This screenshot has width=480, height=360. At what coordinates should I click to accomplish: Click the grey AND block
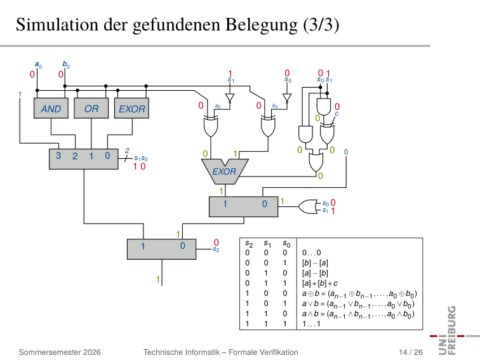pos(51,108)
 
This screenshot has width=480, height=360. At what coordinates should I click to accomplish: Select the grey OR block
pos(91,108)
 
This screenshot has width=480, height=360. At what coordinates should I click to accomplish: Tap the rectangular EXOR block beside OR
pos(131,108)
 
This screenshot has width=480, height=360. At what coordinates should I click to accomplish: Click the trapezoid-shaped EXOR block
pos(225,171)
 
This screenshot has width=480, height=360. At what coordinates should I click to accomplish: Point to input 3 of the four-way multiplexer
pos(58,156)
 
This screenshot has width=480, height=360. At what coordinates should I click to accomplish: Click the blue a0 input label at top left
pos(38,65)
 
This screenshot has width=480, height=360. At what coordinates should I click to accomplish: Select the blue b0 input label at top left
pos(66,64)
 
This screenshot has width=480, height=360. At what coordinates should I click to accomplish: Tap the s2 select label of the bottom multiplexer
pos(216,250)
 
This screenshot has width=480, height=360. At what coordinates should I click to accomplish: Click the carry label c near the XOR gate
pos(337,114)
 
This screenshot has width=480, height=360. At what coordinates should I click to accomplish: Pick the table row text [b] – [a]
pos(315,263)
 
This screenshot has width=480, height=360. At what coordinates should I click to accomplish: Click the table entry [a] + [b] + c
pos(320,283)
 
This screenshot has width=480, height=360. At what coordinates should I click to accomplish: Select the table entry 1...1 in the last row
pos(311,324)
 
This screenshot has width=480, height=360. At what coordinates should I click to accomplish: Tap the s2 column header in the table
pos(249,244)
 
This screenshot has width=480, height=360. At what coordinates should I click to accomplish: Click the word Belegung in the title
pos(262,25)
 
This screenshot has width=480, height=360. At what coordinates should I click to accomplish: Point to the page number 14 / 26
pos(411,352)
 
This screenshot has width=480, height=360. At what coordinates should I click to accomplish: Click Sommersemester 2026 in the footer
pos(60,352)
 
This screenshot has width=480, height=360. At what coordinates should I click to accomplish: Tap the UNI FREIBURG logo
pos(453,331)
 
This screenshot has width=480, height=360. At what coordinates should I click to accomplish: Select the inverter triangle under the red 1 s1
pos(230,98)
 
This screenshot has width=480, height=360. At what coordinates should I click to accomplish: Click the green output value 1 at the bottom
pos(158,279)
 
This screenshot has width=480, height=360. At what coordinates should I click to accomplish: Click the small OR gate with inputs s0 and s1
pos(308,207)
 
